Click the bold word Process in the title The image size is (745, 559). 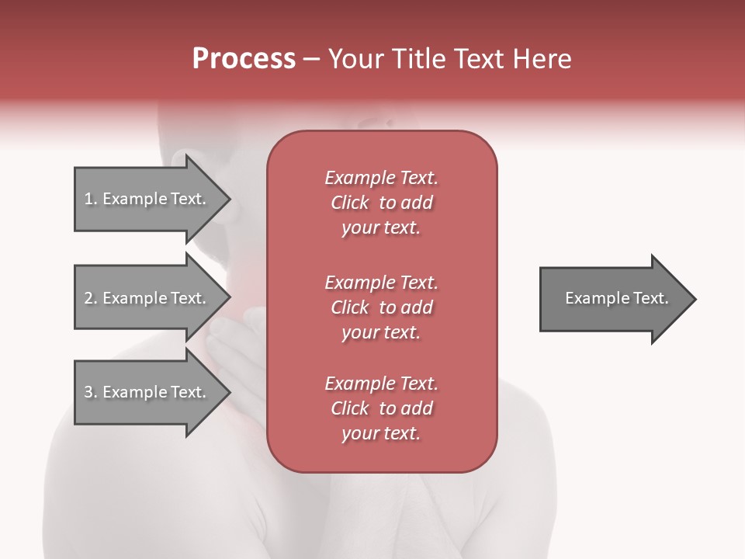pyautogui.click(x=244, y=59)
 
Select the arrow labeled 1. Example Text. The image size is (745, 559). pyautogui.click(x=147, y=199)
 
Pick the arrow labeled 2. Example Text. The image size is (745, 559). pyautogui.click(x=147, y=298)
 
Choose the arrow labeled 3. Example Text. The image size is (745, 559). pyautogui.click(x=147, y=392)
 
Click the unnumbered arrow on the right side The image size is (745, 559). pyautogui.click(x=613, y=299)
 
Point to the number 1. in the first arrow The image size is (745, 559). pyautogui.click(x=91, y=199)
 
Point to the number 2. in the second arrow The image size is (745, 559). pyautogui.click(x=91, y=298)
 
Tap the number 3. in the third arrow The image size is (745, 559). pyautogui.click(x=91, y=392)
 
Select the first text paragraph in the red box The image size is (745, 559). pyautogui.click(x=381, y=203)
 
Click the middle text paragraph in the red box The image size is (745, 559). pyautogui.click(x=381, y=307)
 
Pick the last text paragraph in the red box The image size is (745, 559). pyautogui.click(x=381, y=408)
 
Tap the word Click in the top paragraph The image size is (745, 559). pyautogui.click(x=349, y=203)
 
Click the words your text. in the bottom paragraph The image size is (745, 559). pyautogui.click(x=381, y=433)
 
